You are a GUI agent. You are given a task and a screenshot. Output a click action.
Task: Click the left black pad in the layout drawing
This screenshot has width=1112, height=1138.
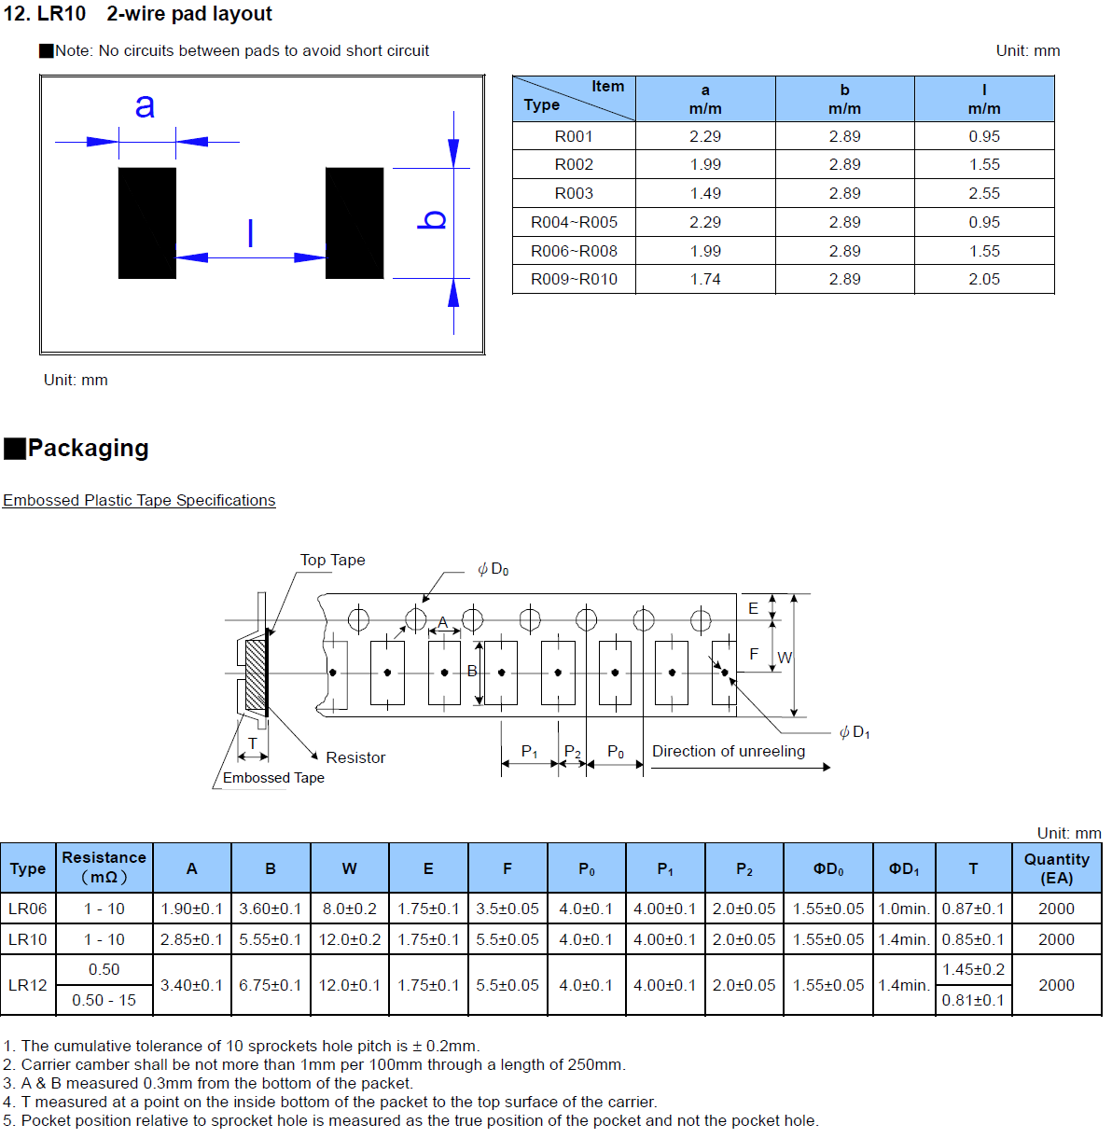(147, 223)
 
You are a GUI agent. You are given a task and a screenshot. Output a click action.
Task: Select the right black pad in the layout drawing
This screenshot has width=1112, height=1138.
(355, 223)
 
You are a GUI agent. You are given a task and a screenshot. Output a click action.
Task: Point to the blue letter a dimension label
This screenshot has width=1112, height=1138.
(146, 105)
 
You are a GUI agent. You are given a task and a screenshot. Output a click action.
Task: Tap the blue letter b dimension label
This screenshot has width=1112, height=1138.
(432, 220)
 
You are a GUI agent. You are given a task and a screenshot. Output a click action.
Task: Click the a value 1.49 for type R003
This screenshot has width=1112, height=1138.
(705, 194)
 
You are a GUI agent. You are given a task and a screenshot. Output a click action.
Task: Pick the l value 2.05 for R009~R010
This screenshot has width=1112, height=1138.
(984, 280)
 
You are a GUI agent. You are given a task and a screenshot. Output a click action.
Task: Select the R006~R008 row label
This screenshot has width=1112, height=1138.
(574, 252)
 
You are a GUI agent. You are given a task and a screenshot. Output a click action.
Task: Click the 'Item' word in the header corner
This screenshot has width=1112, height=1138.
(607, 87)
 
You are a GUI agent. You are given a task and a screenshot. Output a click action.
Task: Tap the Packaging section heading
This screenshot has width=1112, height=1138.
(89, 449)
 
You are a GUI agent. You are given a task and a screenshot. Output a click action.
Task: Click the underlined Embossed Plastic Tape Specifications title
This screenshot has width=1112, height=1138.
(139, 501)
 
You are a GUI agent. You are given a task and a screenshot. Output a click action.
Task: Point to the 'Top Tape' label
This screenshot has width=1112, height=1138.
(333, 561)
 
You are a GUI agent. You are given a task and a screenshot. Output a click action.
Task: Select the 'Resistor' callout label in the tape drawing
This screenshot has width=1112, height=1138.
(355, 757)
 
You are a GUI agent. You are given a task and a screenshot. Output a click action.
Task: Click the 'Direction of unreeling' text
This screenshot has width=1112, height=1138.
(729, 752)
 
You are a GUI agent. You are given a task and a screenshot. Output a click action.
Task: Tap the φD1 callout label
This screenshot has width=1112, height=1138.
(855, 733)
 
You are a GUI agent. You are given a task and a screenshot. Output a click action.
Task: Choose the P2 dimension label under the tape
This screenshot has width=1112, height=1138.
(573, 752)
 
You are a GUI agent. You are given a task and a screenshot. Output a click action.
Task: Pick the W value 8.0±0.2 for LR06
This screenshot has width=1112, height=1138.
(350, 909)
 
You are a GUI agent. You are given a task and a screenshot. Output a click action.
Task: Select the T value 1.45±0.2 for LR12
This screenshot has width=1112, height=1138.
(973, 970)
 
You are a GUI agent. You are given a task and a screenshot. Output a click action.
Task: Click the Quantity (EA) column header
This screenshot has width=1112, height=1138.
(1056, 869)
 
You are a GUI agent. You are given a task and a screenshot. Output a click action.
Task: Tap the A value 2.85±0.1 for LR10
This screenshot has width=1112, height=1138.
(192, 939)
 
